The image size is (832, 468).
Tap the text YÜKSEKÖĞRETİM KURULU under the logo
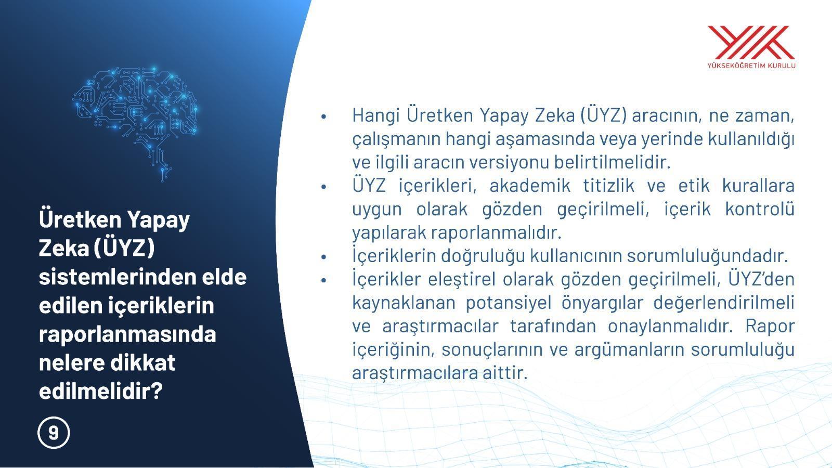[751, 66]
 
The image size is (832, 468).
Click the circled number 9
[54, 433]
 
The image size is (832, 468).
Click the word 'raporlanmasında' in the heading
[127, 333]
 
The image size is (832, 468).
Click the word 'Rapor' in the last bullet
[770, 326]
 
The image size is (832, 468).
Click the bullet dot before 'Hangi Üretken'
[323, 116]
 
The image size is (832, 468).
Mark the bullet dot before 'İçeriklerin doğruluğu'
[323, 257]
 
